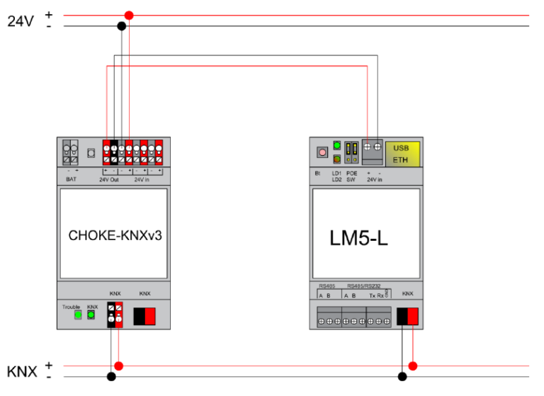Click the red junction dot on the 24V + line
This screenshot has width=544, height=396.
pos(128,15)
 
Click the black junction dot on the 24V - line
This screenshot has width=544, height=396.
pos(122,26)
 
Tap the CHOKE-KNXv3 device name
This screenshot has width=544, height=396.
pos(115,235)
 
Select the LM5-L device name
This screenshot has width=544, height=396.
pos(358,238)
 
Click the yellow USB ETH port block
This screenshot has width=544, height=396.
pos(401,154)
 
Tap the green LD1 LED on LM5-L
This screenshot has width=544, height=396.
pos(337,146)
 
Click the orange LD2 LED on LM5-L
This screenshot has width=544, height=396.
pos(337,159)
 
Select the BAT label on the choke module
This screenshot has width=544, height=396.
pos(72,179)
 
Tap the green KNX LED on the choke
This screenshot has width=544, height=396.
pos(91,315)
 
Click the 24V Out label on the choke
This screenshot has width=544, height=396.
pos(108,179)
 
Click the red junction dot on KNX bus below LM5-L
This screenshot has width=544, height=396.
pos(413,366)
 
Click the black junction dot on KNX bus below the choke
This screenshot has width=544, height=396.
pos(110,376)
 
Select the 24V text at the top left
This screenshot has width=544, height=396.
pos(21,21)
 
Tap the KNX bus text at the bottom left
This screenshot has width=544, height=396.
pos(21,371)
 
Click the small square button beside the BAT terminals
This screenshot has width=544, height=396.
pos(91,152)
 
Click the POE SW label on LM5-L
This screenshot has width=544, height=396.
pos(351,176)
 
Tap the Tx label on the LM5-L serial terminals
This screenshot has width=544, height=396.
pos(373,295)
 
